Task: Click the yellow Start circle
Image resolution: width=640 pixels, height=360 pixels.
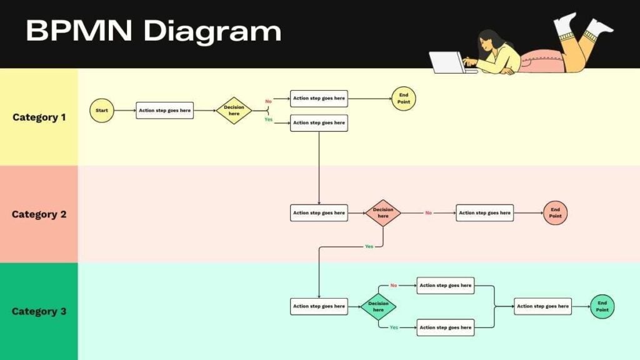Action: tap(102, 111)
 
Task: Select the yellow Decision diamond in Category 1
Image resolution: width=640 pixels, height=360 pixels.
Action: tap(234, 111)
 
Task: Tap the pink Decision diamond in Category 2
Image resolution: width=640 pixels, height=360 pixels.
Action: tap(383, 213)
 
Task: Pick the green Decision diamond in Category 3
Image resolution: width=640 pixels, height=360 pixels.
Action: tap(378, 307)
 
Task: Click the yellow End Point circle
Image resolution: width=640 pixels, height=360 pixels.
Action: tap(404, 98)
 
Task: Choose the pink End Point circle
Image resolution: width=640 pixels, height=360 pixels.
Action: tap(555, 213)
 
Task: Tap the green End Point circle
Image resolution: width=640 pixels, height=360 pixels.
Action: tap(602, 307)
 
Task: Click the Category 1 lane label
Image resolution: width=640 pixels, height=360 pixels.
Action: tap(39, 117)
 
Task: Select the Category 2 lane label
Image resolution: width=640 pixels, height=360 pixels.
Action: tap(39, 214)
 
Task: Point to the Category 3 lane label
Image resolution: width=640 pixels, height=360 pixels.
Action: tap(39, 311)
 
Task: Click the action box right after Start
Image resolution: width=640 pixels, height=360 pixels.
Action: tap(165, 111)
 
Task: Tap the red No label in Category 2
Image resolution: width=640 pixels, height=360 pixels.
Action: tap(428, 213)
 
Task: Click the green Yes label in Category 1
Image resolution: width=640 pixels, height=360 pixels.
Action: tap(269, 119)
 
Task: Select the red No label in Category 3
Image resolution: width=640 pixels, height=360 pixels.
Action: tap(394, 286)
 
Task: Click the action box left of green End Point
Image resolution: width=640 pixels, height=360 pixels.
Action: tap(542, 306)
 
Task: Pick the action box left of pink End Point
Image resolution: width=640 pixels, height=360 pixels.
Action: tap(484, 213)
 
